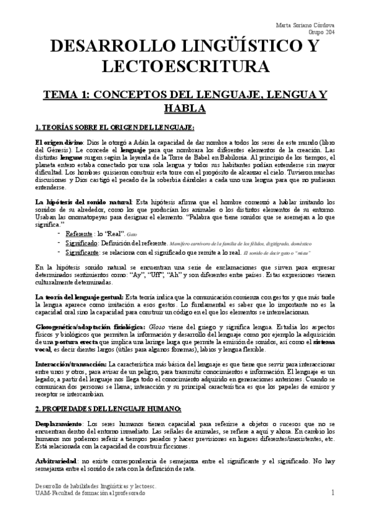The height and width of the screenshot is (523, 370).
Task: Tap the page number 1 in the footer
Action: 332,493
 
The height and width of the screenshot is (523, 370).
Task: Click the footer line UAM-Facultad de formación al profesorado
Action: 90,494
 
